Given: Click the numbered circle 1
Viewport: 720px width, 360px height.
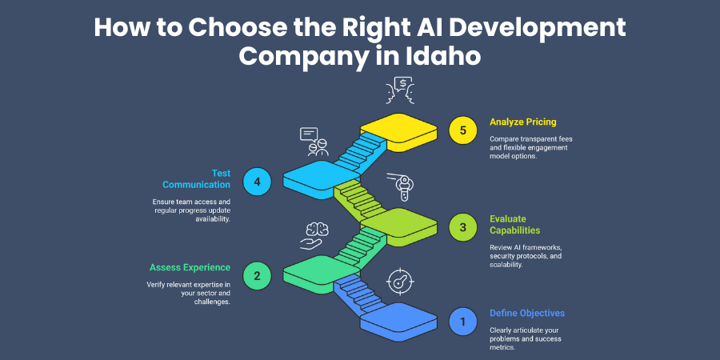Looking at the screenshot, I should [x=462, y=322].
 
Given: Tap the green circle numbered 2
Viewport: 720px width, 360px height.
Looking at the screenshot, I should [x=257, y=277].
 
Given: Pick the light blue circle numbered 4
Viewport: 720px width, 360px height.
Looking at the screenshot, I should [x=257, y=182].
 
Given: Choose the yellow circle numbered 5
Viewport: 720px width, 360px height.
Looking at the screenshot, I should [x=462, y=130].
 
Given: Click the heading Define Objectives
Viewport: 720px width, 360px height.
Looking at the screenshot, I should [x=527, y=313].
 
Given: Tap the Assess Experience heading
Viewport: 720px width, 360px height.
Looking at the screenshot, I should [x=190, y=267].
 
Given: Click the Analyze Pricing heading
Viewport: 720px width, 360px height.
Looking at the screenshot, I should [x=523, y=122].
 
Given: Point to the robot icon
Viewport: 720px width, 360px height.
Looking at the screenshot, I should [x=406, y=186].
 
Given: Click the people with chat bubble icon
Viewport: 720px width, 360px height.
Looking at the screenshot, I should [x=313, y=141].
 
